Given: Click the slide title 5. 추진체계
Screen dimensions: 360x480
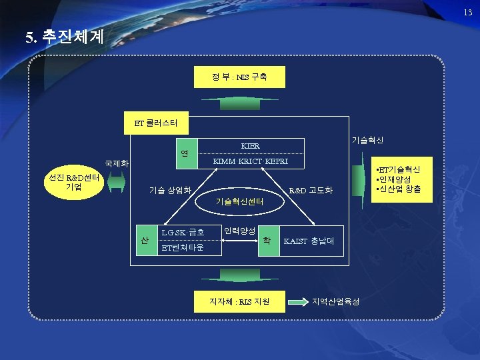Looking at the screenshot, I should (x=65, y=37).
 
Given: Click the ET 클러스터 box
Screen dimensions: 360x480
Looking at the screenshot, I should (x=158, y=123).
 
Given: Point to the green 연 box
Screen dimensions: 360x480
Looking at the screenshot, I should (x=184, y=153).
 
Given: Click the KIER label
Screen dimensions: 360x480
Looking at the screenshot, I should (x=250, y=145).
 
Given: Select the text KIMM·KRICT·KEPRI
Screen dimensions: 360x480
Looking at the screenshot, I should (x=250, y=162).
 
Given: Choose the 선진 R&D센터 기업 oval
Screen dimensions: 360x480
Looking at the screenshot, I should (x=73, y=182).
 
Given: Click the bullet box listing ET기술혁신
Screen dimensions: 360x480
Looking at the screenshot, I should (x=398, y=179).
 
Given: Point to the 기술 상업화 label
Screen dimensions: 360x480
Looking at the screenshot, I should (x=170, y=191).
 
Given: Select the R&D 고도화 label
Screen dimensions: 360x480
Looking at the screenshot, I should (x=309, y=191).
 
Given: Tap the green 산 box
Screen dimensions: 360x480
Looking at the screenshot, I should (x=143, y=239).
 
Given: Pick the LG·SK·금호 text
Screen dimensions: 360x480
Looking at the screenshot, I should (x=183, y=233).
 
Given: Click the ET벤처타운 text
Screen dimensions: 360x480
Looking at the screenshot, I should (x=183, y=248).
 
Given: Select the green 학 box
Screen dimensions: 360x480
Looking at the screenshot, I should (x=267, y=239).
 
